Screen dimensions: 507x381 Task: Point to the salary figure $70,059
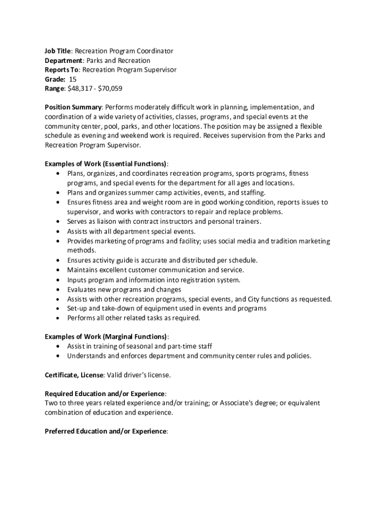110,89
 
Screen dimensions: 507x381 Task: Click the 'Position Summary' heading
73,107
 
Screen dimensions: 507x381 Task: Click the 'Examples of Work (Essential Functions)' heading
105,164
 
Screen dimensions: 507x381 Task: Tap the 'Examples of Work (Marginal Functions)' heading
104,337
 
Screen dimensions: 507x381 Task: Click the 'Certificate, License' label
74,375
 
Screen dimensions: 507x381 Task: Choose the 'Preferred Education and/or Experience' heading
105,431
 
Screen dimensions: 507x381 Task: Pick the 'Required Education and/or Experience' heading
105,394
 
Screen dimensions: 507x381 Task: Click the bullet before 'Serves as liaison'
58,222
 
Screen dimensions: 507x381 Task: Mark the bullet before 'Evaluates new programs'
58,289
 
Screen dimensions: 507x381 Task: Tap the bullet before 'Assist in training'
58,346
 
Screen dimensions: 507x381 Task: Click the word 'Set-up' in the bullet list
77,308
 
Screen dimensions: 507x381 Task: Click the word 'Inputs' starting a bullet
77,280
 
